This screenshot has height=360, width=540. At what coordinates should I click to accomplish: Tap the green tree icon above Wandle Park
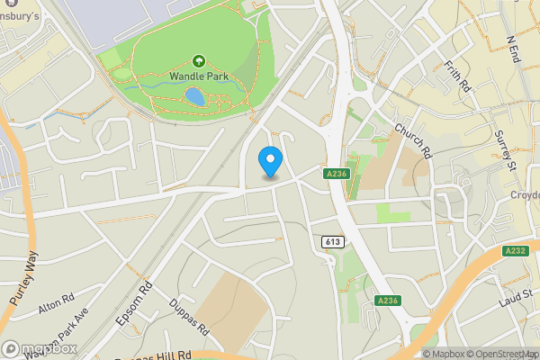(x=198, y=61)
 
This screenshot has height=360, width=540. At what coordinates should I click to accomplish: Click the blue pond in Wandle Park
(x=193, y=95)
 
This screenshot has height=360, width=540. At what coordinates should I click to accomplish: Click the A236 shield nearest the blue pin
(x=337, y=173)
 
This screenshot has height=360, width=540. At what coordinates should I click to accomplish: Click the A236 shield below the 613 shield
(x=387, y=301)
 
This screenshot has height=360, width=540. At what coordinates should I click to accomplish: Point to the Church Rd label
(x=414, y=141)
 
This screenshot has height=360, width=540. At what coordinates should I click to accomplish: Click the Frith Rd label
(x=458, y=78)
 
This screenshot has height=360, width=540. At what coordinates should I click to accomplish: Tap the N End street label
(x=515, y=49)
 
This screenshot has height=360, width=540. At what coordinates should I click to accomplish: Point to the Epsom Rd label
(x=134, y=306)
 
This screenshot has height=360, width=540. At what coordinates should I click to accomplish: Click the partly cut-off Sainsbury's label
(x=20, y=17)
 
